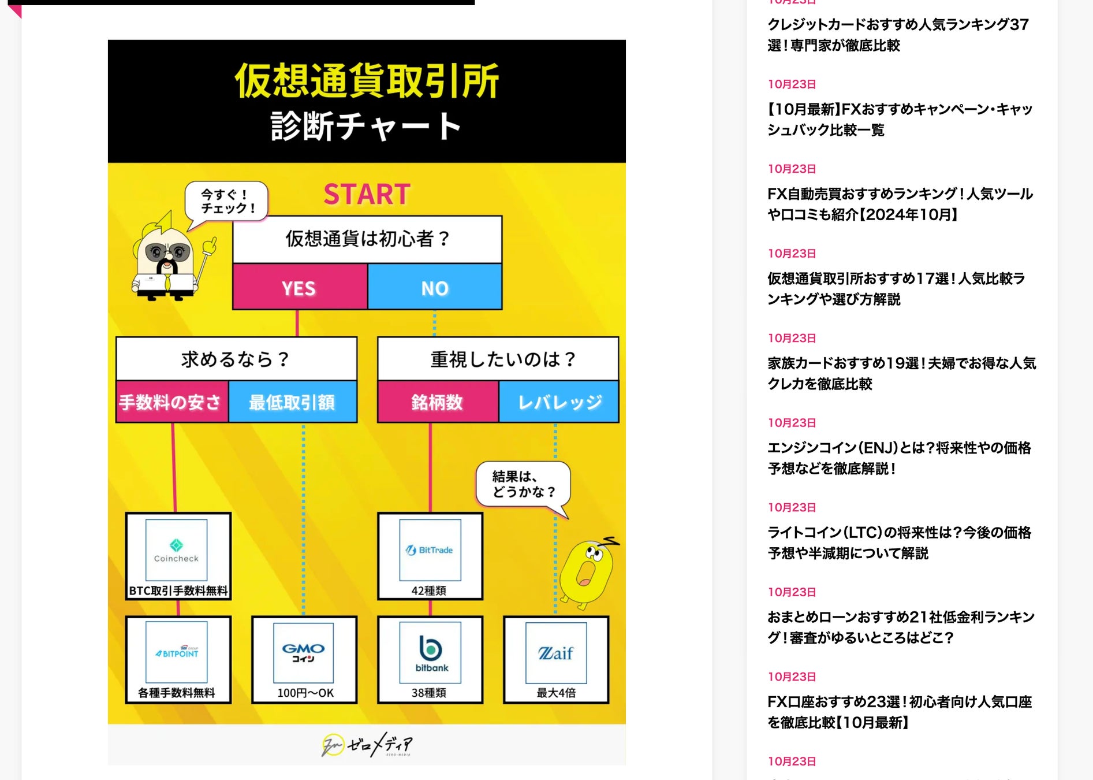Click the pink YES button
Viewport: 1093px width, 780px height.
point(300,287)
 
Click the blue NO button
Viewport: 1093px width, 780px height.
point(435,287)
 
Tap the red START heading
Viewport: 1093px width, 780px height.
point(367,194)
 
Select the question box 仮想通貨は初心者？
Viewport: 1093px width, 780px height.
point(367,239)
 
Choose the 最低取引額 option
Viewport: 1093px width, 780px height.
point(292,402)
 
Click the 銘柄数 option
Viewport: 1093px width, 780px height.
point(437,402)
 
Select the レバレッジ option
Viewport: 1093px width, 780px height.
point(559,402)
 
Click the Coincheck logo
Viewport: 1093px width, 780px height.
point(176,549)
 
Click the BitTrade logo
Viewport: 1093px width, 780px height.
point(430,549)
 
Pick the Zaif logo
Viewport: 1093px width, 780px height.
point(555,652)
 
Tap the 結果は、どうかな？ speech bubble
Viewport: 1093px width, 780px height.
point(523,484)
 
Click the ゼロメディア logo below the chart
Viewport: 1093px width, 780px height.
point(367,745)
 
